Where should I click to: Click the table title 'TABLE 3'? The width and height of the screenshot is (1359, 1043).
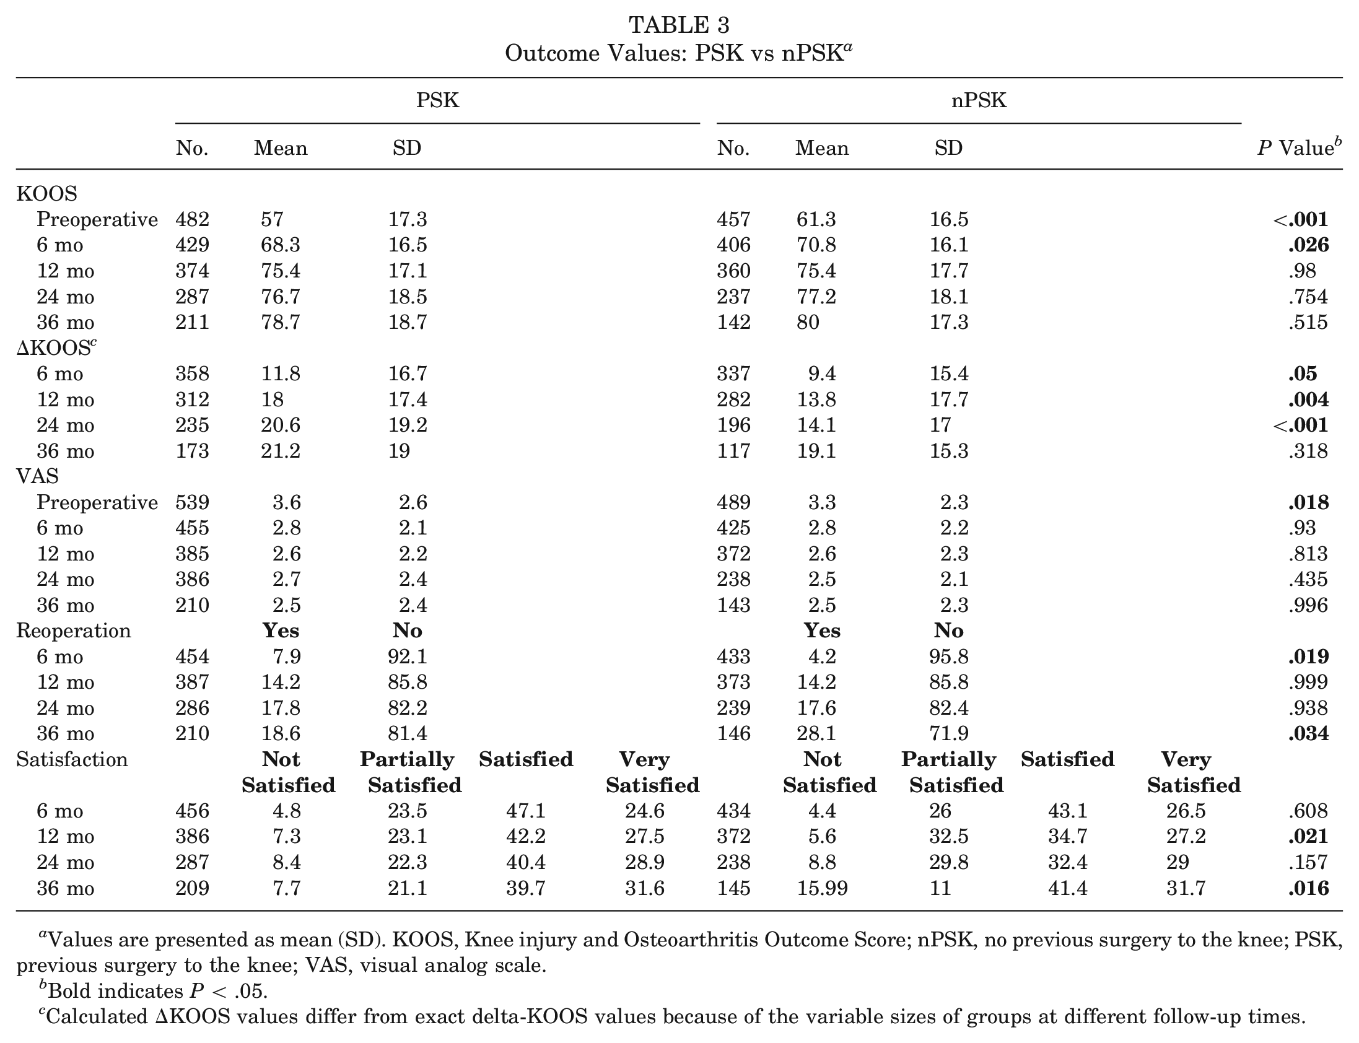(x=678, y=25)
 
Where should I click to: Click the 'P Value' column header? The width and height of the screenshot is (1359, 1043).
(x=1299, y=147)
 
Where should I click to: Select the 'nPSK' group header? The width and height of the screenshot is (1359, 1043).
(x=979, y=100)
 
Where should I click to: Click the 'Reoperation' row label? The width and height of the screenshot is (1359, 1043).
(x=73, y=631)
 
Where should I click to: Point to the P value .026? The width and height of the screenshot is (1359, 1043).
(x=1308, y=245)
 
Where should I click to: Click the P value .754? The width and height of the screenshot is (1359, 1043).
(x=1308, y=296)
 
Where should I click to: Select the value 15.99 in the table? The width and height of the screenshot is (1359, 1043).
(x=822, y=888)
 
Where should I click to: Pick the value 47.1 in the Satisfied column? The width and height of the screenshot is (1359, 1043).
(x=525, y=811)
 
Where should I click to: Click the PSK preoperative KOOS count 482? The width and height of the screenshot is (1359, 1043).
(x=193, y=219)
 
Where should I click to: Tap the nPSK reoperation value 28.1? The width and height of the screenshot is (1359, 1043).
(x=816, y=733)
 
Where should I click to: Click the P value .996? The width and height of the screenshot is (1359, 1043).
(x=1308, y=604)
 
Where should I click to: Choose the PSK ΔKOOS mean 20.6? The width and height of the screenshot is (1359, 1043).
(x=280, y=425)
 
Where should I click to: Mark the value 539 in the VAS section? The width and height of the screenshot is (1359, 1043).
(x=193, y=502)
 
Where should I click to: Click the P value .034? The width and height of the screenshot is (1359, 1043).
(x=1308, y=733)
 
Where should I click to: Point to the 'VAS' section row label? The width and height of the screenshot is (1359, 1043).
(x=38, y=476)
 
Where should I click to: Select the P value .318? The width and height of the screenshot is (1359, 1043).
(x=1308, y=450)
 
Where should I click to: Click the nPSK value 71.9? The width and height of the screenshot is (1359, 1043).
(x=948, y=733)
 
